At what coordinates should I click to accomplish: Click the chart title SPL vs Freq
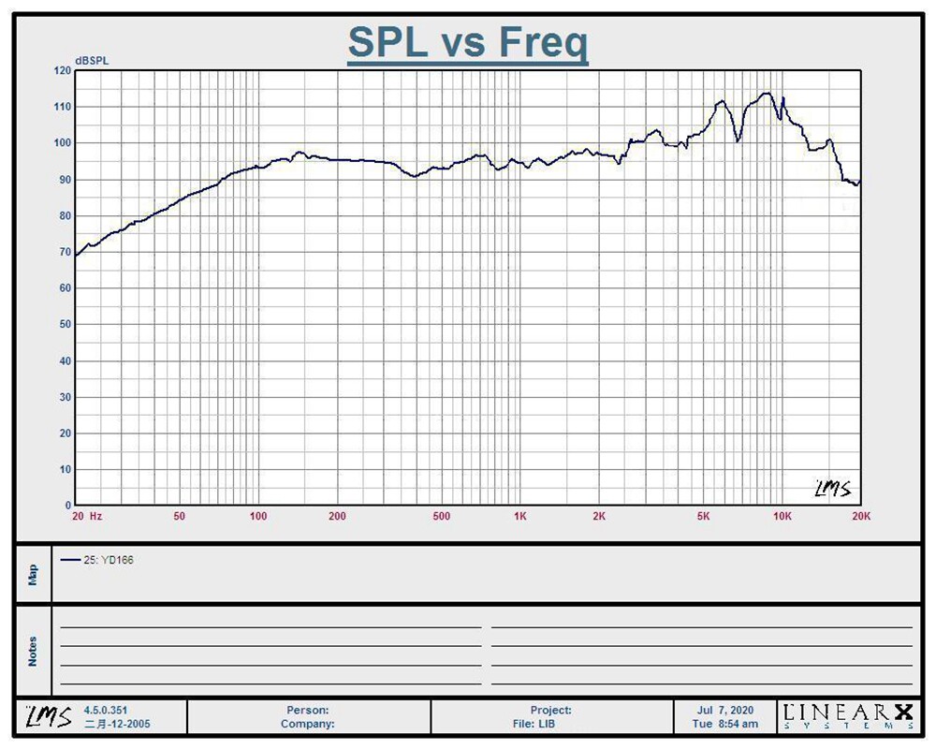coord(468,42)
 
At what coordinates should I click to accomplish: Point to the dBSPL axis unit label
coord(92,61)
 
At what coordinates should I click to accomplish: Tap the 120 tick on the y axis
coord(62,70)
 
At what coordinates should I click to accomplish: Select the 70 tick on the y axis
coord(65,252)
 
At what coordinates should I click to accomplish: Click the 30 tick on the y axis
coord(65,397)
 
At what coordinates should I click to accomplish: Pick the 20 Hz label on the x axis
coord(87,516)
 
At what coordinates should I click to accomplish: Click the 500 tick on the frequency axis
coord(441,516)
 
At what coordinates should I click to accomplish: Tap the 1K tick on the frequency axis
coord(519,516)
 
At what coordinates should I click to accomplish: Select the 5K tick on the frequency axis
coord(703,516)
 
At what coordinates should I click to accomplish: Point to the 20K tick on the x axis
coord(861,516)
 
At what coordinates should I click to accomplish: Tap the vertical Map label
coord(33,575)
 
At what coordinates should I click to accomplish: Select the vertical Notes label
coord(33,651)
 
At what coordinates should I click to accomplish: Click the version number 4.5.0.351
coord(105,711)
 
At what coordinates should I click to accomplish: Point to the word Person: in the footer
coord(307,711)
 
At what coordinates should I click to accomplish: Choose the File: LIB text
coord(534,724)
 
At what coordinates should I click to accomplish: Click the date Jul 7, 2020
coord(725,711)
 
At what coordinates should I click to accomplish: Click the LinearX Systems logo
coord(848,715)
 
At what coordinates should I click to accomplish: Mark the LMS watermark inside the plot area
coord(833,488)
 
